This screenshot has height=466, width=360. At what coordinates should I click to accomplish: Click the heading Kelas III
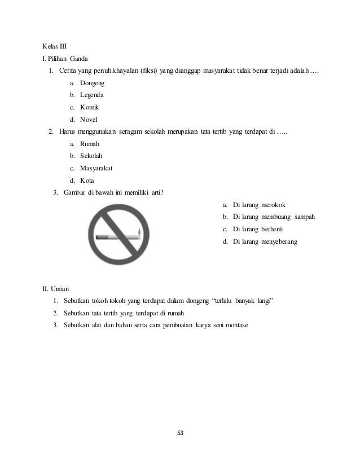coord(55,45)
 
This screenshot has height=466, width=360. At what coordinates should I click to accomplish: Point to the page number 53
coord(180,433)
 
